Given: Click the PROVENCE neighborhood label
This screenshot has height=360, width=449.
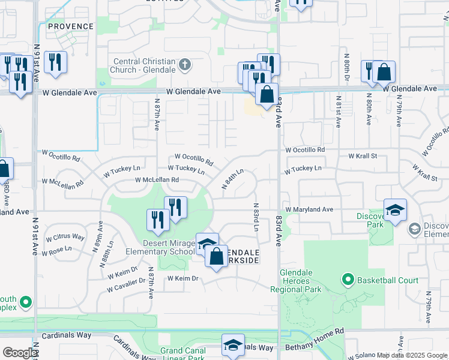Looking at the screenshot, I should (x=71, y=26).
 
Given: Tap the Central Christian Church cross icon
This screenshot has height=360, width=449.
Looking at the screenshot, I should (x=185, y=64).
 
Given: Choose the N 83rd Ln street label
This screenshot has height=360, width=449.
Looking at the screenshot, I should (x=255, y=217).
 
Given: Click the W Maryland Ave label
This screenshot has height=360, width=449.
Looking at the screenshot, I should (x=309, y=209).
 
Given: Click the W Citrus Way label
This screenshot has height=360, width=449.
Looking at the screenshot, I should (x=65, y=236).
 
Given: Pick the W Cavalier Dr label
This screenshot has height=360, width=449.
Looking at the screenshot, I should (x=126, y=286).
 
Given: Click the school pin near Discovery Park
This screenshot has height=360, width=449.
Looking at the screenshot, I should (x=395, y=210).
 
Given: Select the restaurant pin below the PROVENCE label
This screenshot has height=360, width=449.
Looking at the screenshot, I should (x=55, y=62).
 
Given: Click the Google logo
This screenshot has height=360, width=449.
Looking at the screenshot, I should (x=20, y=353).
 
